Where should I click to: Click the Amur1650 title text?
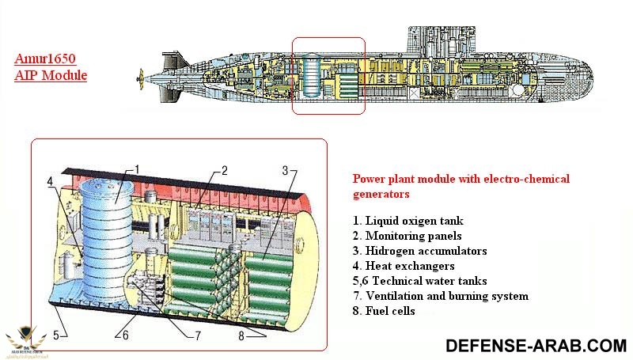tap(50, 59)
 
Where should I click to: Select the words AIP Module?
tap(51, 75)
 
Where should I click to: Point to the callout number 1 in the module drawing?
tap(137, 169)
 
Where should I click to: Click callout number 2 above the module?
tap(225, 170)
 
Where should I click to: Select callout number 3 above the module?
tap(285, 170)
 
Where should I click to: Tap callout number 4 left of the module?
tap(50, 181)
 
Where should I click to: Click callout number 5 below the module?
tap(55, 335)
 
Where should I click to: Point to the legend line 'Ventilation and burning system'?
tap(440, 296)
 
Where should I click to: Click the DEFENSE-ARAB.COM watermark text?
tap(536, 345)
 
